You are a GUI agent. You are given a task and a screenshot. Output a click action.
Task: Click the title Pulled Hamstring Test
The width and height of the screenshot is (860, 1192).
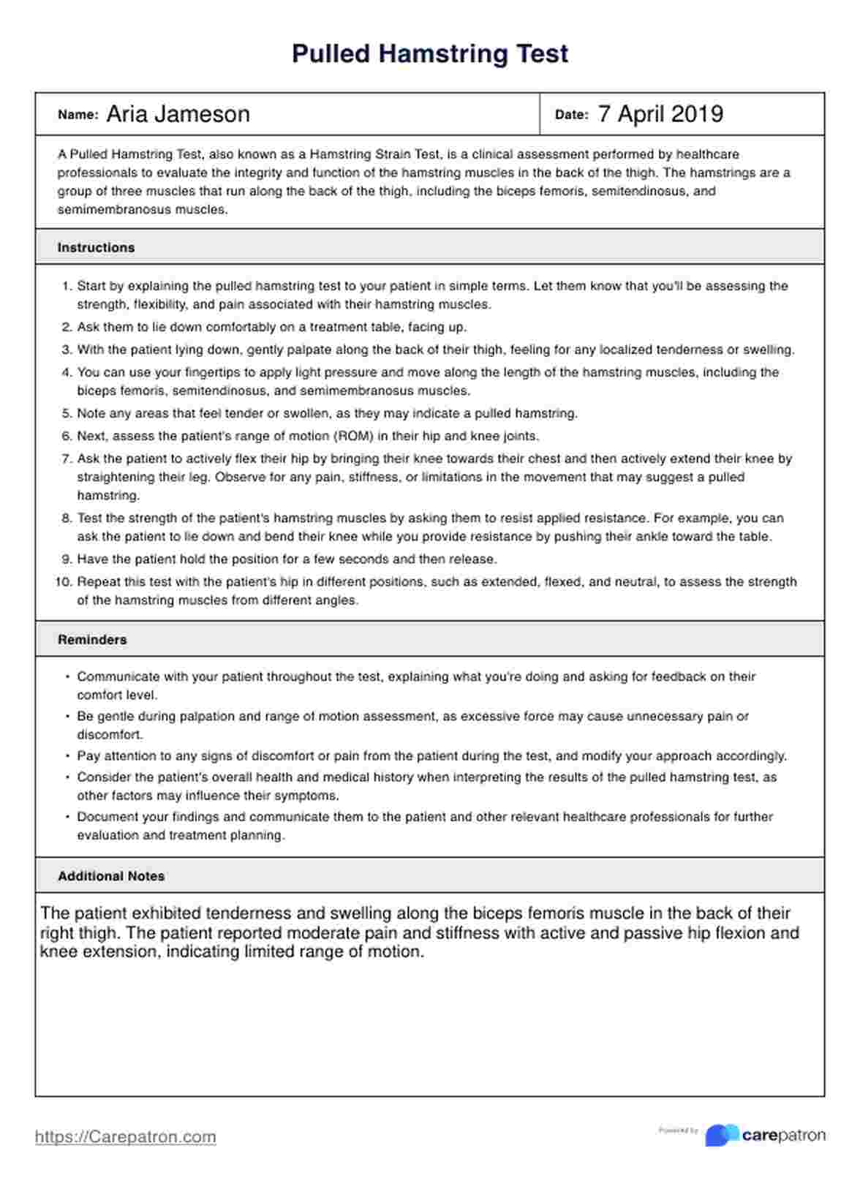pos(430,54)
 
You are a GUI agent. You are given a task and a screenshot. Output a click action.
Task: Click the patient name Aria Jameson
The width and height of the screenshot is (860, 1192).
pos(178,114)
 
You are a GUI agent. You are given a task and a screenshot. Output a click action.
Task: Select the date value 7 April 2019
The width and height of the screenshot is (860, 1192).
pos(660,114)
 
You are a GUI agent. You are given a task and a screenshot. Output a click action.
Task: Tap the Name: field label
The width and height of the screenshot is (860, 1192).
pos(78,115)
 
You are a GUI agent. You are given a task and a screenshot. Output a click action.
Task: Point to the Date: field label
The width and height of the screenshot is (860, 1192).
pos(571,115)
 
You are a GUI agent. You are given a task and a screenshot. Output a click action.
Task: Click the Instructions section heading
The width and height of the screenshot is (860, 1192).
pos(96,248)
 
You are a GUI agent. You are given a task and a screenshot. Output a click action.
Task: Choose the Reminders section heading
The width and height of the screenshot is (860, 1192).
pos(92,640)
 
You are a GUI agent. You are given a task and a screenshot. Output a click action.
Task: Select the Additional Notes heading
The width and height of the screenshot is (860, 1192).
pos(111,876)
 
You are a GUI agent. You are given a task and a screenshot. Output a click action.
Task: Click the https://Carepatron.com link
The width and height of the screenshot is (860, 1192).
pos(126,1137)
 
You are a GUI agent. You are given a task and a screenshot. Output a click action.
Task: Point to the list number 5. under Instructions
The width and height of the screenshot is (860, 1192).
pos(67,414)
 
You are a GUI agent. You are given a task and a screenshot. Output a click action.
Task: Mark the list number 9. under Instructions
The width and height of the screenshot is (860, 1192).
pos(67,559)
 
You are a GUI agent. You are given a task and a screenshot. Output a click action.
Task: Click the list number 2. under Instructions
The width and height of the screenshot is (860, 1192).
pos(67,327)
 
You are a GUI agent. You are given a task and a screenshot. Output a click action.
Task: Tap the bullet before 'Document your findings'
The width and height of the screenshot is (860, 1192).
pos(67,817)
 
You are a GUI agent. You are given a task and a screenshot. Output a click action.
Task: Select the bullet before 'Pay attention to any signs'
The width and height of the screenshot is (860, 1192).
pos(67,756)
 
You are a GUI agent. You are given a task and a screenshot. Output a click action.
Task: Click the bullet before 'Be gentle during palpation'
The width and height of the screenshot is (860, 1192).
pos(67,717)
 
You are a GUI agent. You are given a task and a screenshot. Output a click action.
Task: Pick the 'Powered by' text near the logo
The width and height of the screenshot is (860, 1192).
pos(678,1131)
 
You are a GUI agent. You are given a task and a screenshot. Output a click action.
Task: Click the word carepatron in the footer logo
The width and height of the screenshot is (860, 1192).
pos(783,1136)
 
